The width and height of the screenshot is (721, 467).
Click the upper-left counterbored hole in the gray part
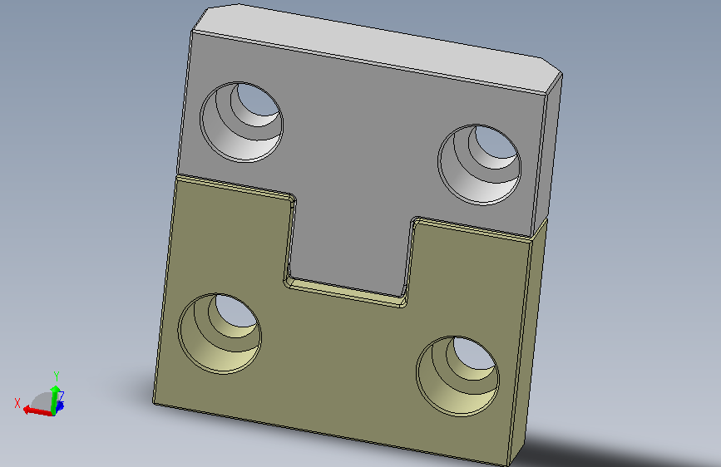pyautogui.click(x=241, y=122)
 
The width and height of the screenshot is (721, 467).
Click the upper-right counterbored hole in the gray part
pyautogui.click(x=479, y=164)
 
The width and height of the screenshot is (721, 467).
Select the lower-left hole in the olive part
pyautogui.click(x=220, y=333)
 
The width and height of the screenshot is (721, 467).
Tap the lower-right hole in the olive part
pyautogui.click(x=458, y=376)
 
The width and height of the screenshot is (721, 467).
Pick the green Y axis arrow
pyautogui.click(x=55, y=399)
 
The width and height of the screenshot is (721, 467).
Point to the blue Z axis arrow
pyautogui.click(x=59, y=406)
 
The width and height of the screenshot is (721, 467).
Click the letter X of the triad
pyautogui.click(x=17, y=403)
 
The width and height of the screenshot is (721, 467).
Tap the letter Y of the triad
pyautogui.click(x=57, y=376)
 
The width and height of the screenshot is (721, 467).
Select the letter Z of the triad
pyautogui.click(x=62, y=396)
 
